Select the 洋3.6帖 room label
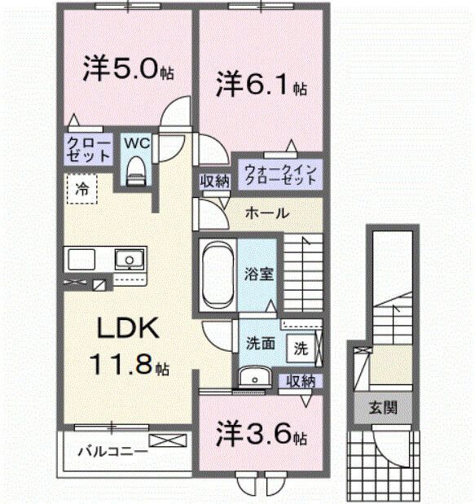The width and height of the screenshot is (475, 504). click(x=261, y=434)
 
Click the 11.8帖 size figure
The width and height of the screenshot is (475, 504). click(x=130, y=364)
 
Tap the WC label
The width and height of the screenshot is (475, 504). click(x=136, y=142)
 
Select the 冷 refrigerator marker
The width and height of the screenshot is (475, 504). click(x=82, y=189)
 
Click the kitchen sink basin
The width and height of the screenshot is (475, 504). click(x=129, y=261)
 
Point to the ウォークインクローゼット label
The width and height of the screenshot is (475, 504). click(x=278, y=173)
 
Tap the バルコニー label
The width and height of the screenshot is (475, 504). click(x=112, y=449)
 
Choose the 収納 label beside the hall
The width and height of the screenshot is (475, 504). click(x=215, y=181)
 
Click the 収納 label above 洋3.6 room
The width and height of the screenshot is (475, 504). click(x=301, y=380)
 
